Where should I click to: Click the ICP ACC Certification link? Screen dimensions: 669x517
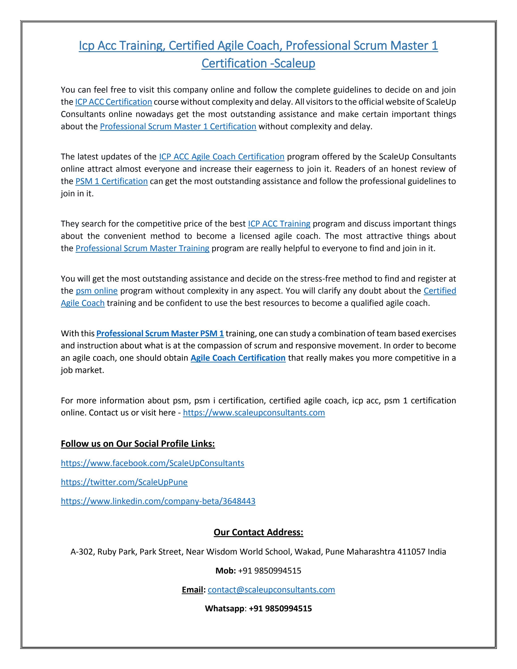pos(114,102)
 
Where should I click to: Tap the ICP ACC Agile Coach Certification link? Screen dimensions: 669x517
pos(222,157)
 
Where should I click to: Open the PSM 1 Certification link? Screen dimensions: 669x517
pos(112,181)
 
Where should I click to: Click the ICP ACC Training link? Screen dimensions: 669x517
pos(279,224)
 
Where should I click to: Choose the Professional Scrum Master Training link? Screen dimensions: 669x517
pos(142,248)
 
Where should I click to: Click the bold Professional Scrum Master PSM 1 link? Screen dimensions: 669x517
pos(160,333)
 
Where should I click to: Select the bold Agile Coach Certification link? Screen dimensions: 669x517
pos(238,358)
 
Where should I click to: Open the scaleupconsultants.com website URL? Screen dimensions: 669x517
pos(254,413)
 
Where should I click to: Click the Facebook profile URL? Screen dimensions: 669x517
pos(153,463)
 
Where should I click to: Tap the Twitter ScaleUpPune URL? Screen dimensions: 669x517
pos(124,482)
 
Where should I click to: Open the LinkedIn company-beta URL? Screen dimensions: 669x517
pos(158,501)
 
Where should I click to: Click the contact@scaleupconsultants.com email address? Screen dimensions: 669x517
pos(271,590)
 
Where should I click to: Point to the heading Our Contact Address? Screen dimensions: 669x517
pos(258,532)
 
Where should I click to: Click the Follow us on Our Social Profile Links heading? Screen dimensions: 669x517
pos(138,444)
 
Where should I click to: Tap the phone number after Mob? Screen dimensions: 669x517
pos(269,571)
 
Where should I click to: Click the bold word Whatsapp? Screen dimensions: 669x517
pos(225,608)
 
